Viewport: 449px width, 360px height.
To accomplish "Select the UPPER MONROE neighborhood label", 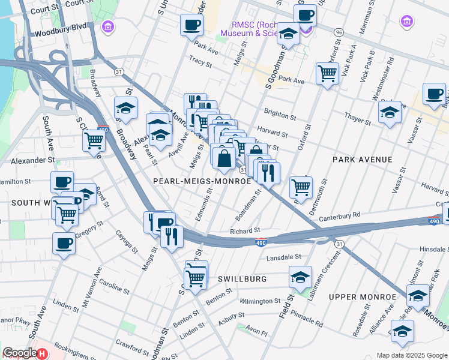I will click(362, 297).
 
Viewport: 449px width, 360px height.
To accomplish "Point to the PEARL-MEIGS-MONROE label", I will click(202, 180).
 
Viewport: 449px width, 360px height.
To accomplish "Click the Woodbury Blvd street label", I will click(61, 28).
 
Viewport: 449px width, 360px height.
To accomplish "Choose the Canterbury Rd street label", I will click(339, 215).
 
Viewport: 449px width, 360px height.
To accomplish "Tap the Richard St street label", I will click(244, 230).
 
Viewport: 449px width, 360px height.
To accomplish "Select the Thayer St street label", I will click(357, 120).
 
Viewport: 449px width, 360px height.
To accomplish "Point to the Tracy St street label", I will click(200, 61).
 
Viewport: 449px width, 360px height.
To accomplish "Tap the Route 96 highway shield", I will click(339, 32).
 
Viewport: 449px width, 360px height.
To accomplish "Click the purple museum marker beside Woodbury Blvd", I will click(108, 26).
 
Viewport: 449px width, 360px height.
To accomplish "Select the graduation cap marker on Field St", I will click(300, 277).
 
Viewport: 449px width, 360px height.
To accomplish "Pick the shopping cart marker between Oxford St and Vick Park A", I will click(327, 74).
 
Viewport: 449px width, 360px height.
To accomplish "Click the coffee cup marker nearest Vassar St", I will click(434, 94).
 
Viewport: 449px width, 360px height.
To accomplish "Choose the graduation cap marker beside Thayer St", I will click(390, 112).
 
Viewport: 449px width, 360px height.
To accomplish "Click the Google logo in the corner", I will click(19, 353).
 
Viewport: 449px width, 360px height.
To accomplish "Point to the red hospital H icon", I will click(41, 354).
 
